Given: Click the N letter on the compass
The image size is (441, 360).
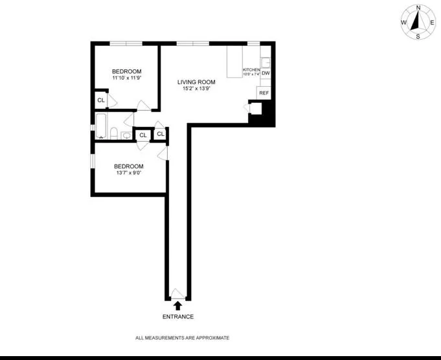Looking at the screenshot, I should coord(418,8).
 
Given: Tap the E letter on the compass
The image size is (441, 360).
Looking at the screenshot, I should coord(432,22).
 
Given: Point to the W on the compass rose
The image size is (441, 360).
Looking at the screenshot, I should coord(403,22).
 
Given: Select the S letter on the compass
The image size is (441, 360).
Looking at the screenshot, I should coord(418,36).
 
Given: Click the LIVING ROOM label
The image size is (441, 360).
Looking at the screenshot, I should coord(197,82).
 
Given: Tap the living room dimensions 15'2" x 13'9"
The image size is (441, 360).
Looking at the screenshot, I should coord(197,89).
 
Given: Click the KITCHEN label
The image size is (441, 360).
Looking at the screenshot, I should coord(251,69).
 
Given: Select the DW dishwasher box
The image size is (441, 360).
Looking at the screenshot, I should coord(266,73).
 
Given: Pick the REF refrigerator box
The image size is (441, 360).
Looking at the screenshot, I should coord(264,93).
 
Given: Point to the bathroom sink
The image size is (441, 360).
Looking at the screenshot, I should coord(126,135).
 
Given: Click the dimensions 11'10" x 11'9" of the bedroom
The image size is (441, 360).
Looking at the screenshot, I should coord(126,79).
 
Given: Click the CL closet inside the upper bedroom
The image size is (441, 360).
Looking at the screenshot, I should coord(101,100).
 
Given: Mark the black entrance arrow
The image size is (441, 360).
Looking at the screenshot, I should coord(177,305).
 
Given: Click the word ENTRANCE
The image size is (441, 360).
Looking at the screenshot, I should coord(177,317).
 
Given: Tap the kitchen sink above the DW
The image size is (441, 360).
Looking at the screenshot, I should coord(266,56).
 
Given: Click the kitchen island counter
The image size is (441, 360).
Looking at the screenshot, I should coord(234,62).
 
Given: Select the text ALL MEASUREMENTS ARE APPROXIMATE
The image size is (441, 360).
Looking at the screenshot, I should coord(182,338).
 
